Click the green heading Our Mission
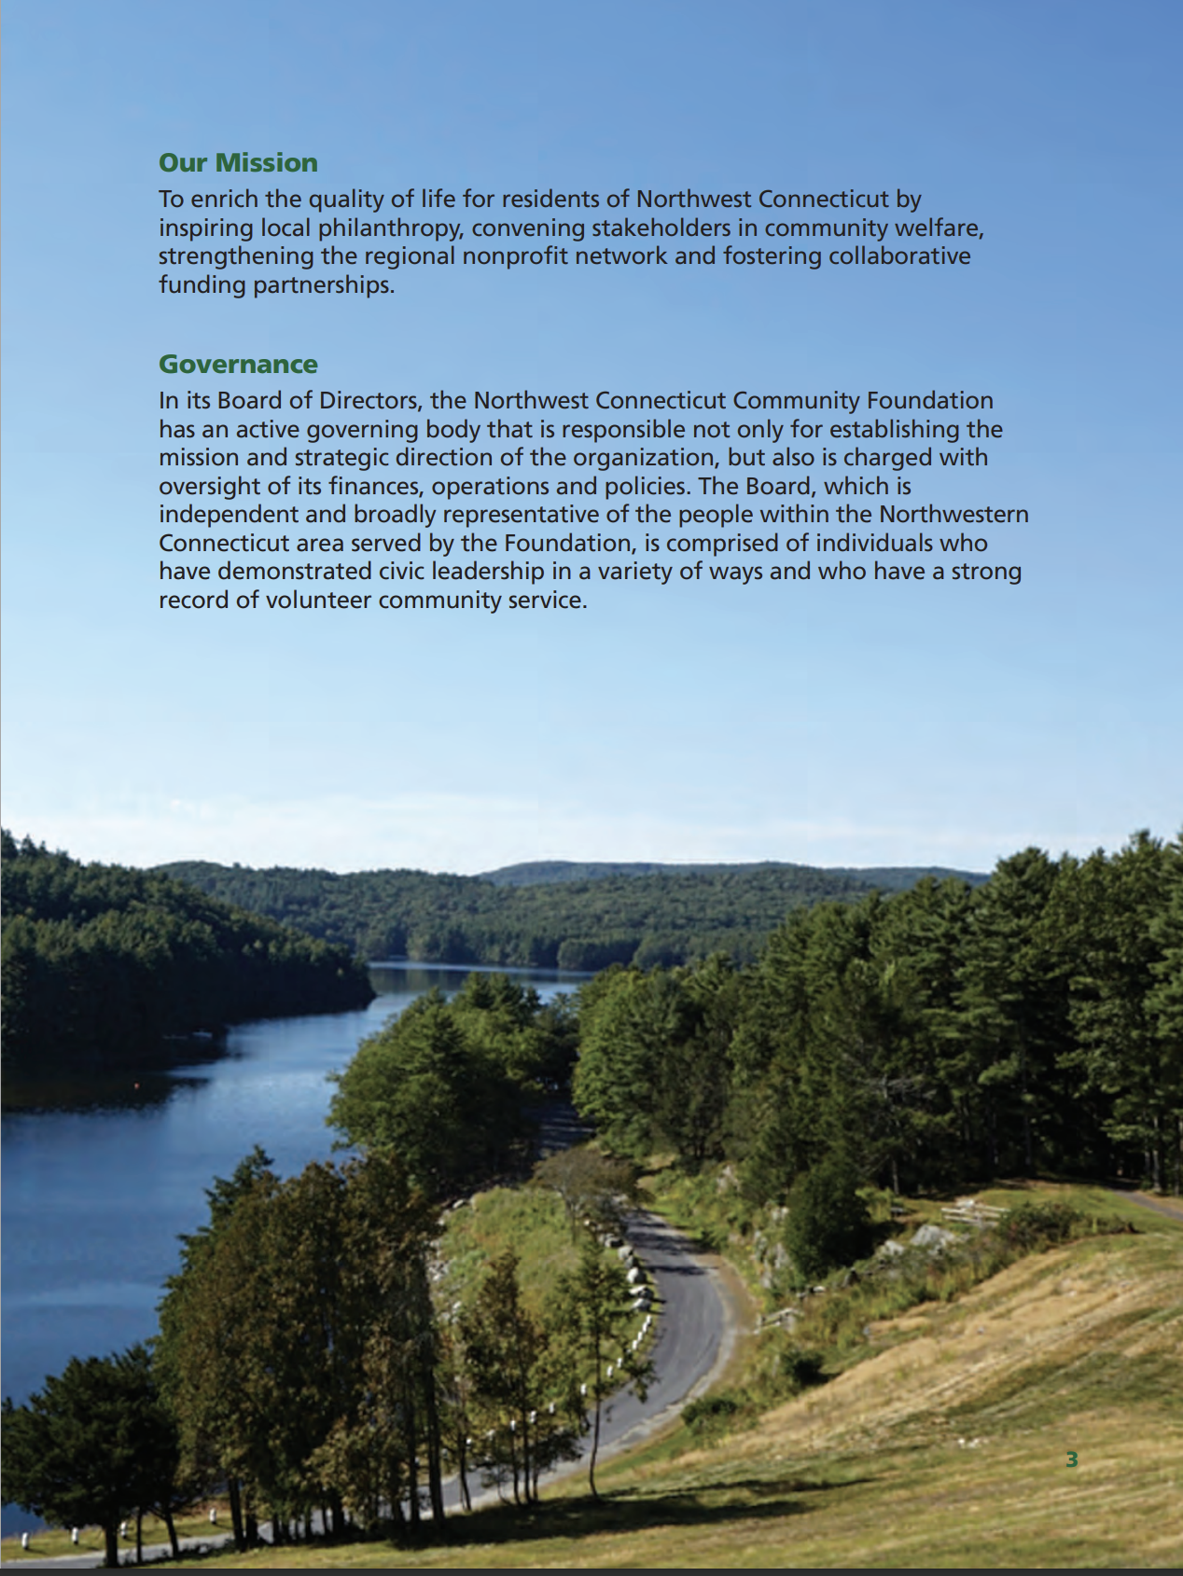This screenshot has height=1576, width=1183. tap(238, 163)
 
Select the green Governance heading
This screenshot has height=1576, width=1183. tap(238, 365)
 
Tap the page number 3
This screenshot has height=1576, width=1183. tap(1072, 1459)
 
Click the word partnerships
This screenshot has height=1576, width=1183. tap(324, 285)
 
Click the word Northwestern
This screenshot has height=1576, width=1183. tap(953, 515)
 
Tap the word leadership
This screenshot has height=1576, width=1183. tap(476, 572)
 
